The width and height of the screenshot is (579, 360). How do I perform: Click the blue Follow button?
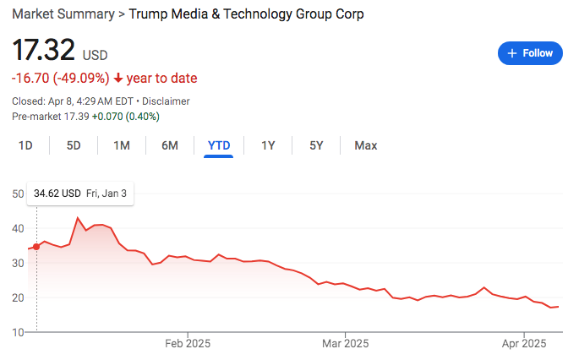530,52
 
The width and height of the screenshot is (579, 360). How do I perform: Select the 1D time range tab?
25,145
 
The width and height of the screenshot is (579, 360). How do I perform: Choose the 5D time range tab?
74,145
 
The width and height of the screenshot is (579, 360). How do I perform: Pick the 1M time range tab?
122,145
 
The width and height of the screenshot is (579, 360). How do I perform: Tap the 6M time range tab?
170,145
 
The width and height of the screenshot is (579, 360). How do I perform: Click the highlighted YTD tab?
219,145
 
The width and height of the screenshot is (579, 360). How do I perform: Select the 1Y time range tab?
268,145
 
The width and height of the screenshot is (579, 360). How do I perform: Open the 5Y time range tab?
316,145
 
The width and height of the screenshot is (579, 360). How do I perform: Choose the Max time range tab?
366,145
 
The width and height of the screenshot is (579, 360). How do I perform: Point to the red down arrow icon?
118,79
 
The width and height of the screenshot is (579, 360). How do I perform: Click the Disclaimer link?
166,101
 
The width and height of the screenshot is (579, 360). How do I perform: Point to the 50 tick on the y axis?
18,194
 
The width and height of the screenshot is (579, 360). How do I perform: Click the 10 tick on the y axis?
18,332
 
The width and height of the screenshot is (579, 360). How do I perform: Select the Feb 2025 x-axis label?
188,344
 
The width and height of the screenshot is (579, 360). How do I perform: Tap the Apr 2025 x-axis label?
524,344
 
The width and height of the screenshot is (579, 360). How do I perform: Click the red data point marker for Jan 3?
36,247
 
